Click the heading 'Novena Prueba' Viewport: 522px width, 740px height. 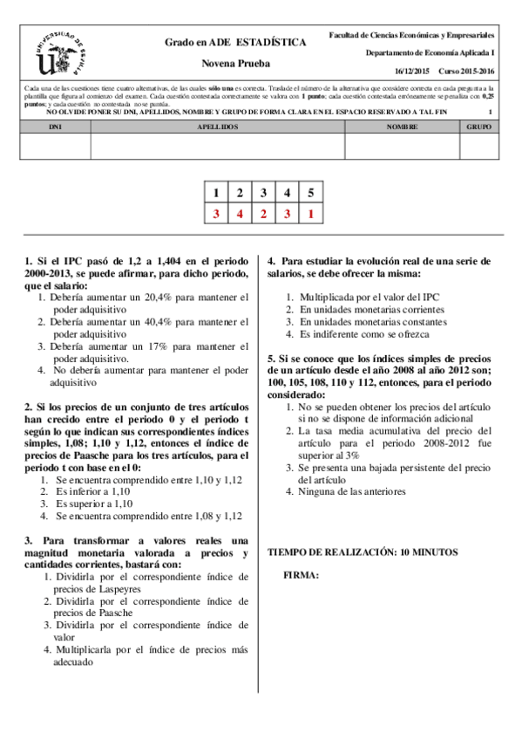[x=235, y=64]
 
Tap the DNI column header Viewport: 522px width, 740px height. [x=54, y=127]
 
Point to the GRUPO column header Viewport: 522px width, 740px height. [x=478, y=127]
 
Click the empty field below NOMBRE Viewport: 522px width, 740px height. [x=402, y=147]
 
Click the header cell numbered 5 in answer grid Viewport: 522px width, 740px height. [x=310, y=193]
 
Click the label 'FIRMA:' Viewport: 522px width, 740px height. [x=302, y=576]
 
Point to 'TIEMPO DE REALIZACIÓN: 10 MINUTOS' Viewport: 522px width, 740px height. [x=362, y=552]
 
